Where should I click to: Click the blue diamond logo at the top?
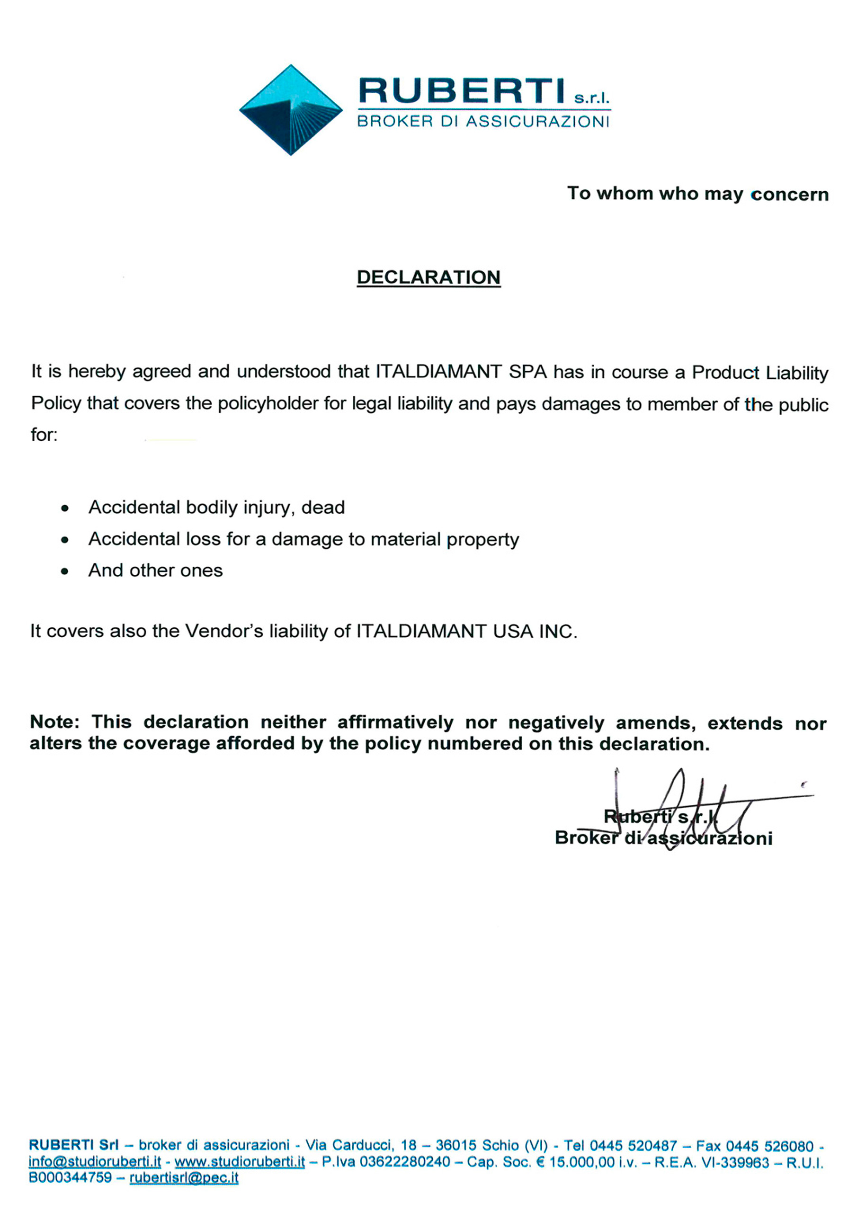click(x=290, y=110)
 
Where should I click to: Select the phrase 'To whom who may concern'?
click(x=697, y=194)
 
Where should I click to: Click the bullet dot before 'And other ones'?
click(x=65, y=571)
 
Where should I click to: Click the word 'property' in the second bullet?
click(x=482, y=540)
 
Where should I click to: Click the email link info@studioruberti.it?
click(x=95, y=1162)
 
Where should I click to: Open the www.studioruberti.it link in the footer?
click(x=240, y=1162)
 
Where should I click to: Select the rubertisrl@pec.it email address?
click(x=184, y=1178)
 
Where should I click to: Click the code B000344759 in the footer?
click(x=70, y=1178)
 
